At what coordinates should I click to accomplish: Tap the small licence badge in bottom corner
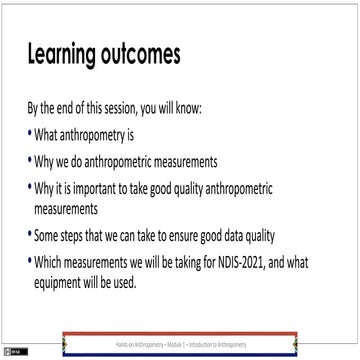[x=11, y=351]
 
